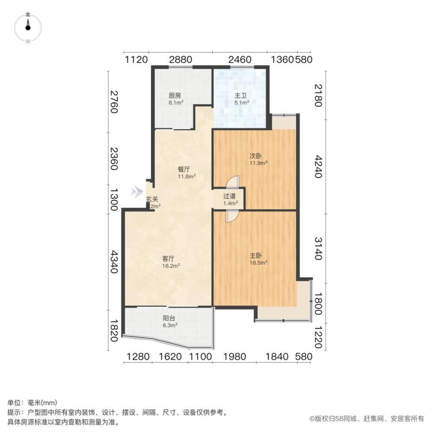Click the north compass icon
pyautogui.click(x=28, y=26)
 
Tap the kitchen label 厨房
pyautogui.click(x=175, y=95)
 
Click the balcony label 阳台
pyautogui.click(x=169, y=318)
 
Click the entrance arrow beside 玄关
pyautogui.click(x=137, y=191)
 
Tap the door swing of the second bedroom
pyautogui.click(x=233, y=182)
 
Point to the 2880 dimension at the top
pyautogui.click(x=180, y=60)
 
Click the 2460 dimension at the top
pyautogui.click(x=240, y=60)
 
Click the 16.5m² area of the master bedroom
pyautogui.click(x=258, y=262)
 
